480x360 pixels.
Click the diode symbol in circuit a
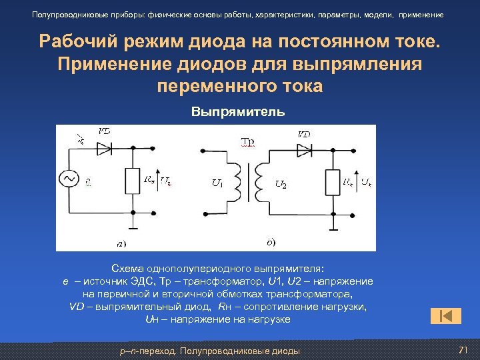pos(104,149)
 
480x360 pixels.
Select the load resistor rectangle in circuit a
pos(133,179)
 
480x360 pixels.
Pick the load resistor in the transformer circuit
pos(333,181)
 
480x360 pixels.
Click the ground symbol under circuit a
pos(133,228)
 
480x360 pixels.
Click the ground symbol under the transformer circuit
pos(333,229)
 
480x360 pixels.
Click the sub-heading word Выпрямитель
pos(239,111)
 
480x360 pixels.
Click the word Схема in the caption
pos(127,269)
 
